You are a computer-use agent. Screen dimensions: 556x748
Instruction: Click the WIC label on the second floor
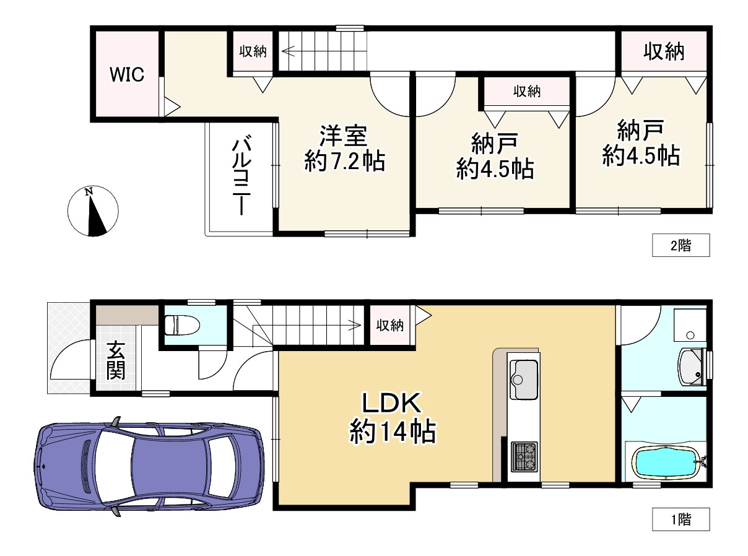127,75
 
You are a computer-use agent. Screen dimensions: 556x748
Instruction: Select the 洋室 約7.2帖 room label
344,149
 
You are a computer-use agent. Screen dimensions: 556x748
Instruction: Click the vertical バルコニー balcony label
241,176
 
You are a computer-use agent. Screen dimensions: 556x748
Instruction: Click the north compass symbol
92,211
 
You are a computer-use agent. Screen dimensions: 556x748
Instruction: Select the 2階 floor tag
681,246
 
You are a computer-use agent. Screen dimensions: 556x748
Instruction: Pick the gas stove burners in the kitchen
524,457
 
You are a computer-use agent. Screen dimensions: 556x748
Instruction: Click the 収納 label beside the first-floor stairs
389,326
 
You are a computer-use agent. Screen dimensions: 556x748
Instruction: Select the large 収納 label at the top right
663,53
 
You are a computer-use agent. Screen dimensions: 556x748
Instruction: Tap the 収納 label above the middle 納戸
526,92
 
